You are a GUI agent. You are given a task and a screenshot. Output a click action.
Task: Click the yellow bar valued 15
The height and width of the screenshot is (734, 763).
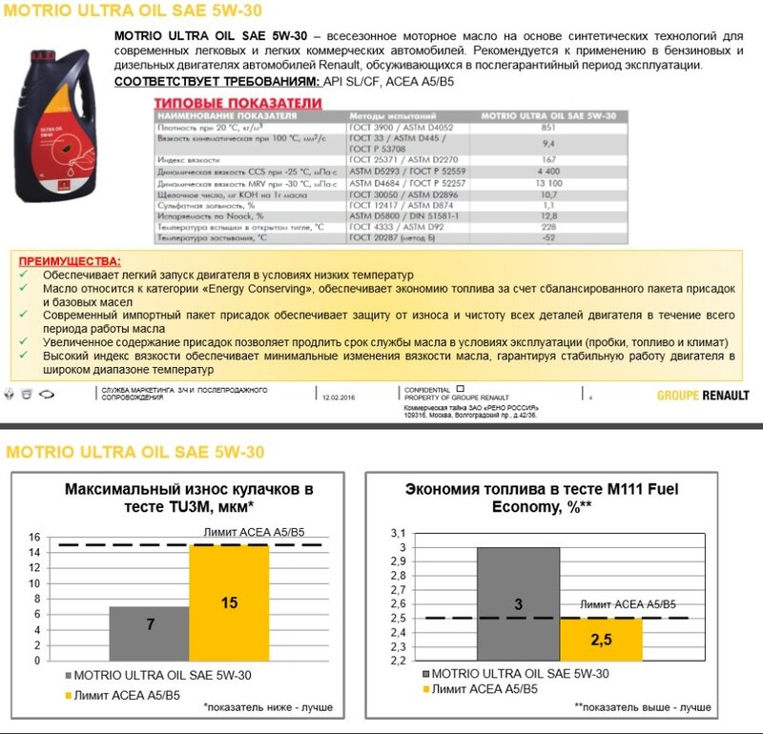click(229, 602)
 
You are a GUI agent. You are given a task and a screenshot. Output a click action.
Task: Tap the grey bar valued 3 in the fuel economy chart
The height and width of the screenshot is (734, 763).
click(518, 603)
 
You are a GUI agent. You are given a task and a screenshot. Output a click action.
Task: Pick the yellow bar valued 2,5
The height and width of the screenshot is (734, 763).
click(600, 639)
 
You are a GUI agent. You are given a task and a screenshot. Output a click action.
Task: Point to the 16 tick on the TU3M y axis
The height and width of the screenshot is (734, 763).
click(34, 538)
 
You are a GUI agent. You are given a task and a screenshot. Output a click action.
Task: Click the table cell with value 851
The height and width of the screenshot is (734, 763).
click(547, 127)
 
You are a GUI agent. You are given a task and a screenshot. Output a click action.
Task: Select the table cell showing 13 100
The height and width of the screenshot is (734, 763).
click(547, 182)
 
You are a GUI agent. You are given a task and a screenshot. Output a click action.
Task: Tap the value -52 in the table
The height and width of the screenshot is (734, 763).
click(547, 237)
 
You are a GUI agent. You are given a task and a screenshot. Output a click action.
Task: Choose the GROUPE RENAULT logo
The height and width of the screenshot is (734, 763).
click(703, 396)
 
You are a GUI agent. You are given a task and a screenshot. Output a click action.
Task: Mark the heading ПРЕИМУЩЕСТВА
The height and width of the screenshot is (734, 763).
click(70, 261)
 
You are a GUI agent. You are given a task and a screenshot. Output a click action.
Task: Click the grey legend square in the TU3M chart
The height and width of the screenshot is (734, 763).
click(71, 675)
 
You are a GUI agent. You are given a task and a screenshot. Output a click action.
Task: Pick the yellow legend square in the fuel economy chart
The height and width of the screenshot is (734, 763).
click(423, 688)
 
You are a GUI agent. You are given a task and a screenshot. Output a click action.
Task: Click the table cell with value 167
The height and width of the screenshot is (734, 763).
click(547, 160)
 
